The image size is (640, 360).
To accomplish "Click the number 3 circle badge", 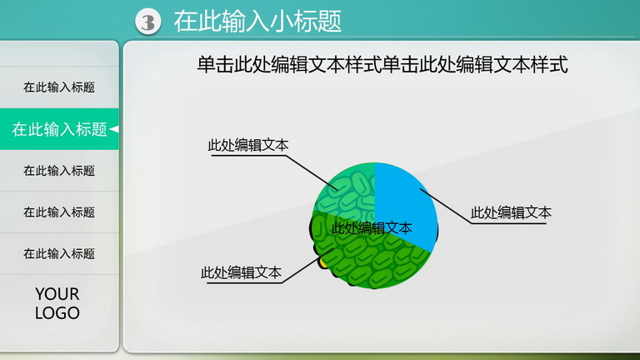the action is pyautogui.click(x=147, y=22).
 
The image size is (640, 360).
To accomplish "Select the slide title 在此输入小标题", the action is pyautogui.click(x=257, y=21).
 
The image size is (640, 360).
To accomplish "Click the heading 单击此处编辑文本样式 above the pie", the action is pyautogui.click(x=382, y=65).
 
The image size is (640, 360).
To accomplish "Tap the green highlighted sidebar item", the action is pyautogui.click(x=60, y=129).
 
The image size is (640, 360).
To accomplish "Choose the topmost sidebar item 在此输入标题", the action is pyautogui.click(x=59, y=87).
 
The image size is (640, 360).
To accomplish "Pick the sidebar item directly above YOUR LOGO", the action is pyautogui.click(x=59, y=253).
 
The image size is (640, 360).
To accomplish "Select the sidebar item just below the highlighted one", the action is pyautogui.click(x=59, y=170).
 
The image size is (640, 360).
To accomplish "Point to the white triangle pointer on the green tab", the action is pyautogui.click(x=114, y=129).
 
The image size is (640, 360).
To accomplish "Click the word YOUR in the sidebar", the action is pyautogui.click(x=57, y=294).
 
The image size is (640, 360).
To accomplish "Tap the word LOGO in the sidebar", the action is pyautogui.click(x=57, y=313).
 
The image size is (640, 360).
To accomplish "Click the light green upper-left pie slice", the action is pyautogui.click(x=347, y=190).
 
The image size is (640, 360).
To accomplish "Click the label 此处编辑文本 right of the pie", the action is pyautogui.click(x=511, y=212).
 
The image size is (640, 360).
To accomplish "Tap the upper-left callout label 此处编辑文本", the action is pyautogui.click(x=248, y=145).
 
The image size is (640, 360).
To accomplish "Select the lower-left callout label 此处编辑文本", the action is pyautogui.click(x=241, y=272).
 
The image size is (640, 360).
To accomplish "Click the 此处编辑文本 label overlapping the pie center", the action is pyautogui.click(x=372, y=227).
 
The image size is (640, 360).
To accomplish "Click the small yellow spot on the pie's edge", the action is pyautogui.click(x=323, y=262).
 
